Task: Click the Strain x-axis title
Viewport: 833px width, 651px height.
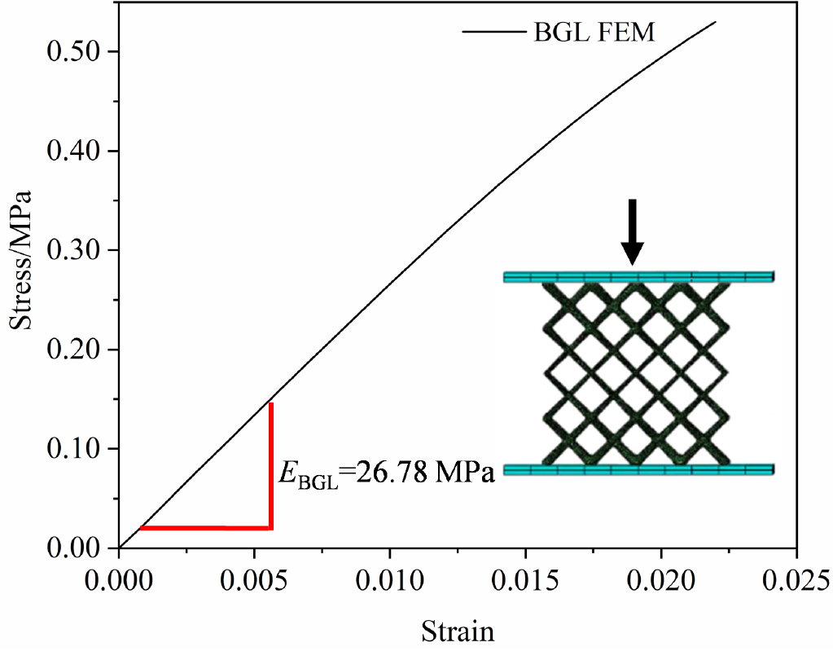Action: [457, 630]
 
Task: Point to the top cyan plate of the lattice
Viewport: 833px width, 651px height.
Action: [638, 277]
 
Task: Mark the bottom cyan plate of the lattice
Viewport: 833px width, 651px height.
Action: [638, 469]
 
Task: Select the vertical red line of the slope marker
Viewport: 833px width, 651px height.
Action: [270, 464]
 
